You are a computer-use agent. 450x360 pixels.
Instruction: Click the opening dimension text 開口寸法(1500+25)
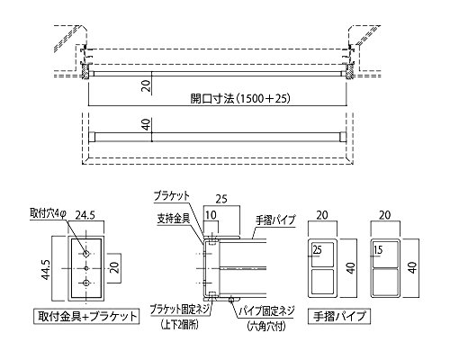click(x=240, y=98)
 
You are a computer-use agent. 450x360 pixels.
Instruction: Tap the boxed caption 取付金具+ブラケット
click(x=86, y=316)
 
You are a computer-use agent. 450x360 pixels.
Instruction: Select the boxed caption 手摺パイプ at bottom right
click(x=339, y=316)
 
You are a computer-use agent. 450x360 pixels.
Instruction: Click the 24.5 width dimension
click(x=85, y=215)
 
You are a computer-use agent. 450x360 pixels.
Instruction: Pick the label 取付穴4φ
click(x=48, y=213)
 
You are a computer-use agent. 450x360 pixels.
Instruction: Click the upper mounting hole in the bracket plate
click(x=86, y=254)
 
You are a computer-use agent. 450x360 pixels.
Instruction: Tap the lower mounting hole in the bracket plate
click(x=86, y=283)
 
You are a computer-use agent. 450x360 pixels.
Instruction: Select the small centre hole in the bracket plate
click(x=86, y=268)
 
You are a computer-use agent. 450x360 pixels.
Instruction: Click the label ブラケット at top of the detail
click(x=172, y=196)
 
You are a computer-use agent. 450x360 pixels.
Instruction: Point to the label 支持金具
click(x=174, y=219)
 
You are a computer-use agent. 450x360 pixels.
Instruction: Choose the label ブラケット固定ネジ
click(x=180, y=310)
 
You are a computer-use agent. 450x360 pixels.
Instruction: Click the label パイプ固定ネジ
click(x=266, y=310)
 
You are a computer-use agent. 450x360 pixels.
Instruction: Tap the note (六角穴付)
click(x=266, y=326)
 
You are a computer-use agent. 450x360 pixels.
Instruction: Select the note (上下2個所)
click(x=179, y=325)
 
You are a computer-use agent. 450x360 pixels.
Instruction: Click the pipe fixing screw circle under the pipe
click(x=231, y=299)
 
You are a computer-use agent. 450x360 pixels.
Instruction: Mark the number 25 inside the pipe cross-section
click(x=317, y=249)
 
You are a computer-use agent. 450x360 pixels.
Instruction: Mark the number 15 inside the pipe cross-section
click(x=379, y=249)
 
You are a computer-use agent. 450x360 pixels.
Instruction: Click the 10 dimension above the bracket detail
click(x=211, y=215)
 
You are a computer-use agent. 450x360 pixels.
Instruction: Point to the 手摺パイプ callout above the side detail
click(x=275, y=220)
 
